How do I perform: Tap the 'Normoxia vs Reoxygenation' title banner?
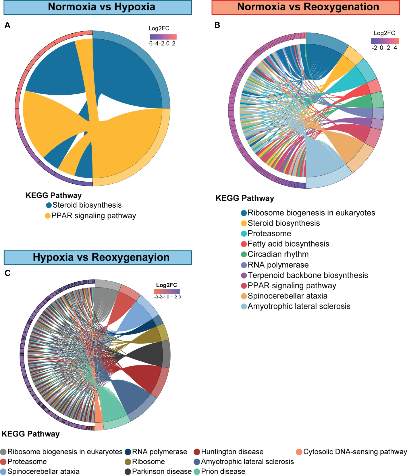(305, 7)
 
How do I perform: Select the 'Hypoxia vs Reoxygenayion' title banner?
(98, 257)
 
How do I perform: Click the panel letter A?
(7, 25)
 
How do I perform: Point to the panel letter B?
(217, 25)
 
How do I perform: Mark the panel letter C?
(8, 273)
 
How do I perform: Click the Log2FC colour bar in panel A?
(163, 37)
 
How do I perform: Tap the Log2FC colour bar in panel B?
(385, 41)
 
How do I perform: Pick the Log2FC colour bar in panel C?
(167, 291)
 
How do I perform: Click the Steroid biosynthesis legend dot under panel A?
(49, 205)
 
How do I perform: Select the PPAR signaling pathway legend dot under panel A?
(48, 216)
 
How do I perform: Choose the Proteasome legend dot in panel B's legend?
(244, 234)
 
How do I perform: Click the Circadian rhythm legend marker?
(244, 254)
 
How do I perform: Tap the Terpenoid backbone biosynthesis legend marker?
(244, 275)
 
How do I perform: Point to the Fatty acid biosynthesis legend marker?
(244, 244)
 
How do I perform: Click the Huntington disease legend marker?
(197, 452)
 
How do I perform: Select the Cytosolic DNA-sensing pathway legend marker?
(299, 452)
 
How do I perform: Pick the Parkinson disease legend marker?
(128, 472)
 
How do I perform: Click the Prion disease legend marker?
(197, 472)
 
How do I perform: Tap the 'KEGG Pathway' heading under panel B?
(245, 198)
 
